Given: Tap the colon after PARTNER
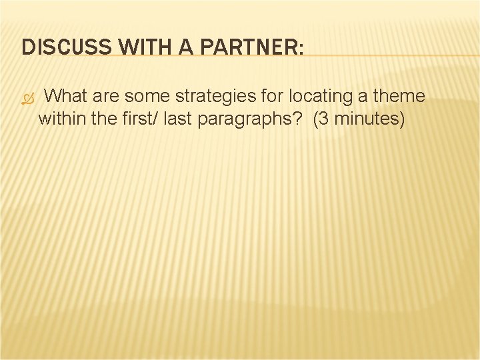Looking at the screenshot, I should point(301,49).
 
